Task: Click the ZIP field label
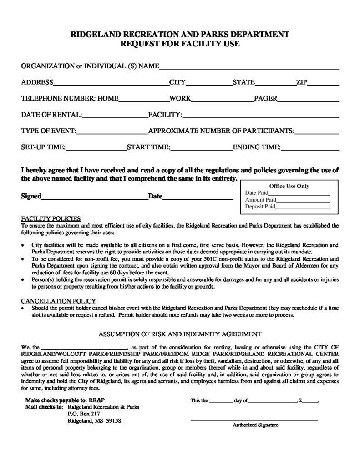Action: tap(302, 82)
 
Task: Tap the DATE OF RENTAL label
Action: tap(51, 115)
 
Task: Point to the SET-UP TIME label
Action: tap(44, 147)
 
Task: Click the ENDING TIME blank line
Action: tap(310, 149)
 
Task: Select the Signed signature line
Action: tap(95, 198)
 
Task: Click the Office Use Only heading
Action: tap(289, 186)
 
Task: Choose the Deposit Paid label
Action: tap(260, 206)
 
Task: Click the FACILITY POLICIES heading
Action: tap(51, 218)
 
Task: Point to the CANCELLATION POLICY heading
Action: tap(59, 301)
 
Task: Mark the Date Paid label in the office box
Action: tap(257, 192)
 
